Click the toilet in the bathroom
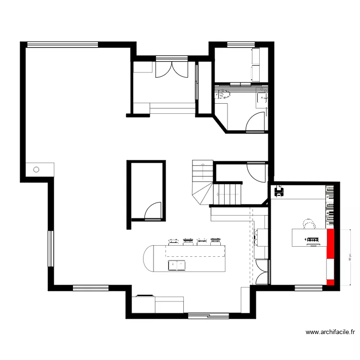click(x=223, y=95)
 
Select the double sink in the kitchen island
click(x=176, y=264)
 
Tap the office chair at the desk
click(x=309, y=224)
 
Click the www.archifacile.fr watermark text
click(x=330, y=332)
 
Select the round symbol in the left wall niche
click(x=36, y=169)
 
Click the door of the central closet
click(x=154, y=211)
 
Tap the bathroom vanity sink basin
click(x=263, y=98)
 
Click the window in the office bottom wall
click(x=307, y=288)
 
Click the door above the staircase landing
click(x=254, y=171)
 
